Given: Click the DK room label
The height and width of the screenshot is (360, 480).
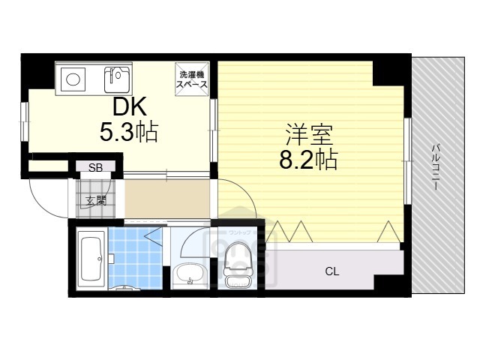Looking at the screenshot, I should (129, 106).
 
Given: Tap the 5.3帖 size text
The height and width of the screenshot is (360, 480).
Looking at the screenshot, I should (129, 133).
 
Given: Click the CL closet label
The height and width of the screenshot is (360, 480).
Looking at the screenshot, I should (331, 271).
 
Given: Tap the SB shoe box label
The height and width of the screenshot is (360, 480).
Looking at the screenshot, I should (96, 168).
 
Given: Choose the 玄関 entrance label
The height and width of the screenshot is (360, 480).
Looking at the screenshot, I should (95, 200).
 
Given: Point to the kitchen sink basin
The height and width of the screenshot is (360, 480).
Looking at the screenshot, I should (117, 76).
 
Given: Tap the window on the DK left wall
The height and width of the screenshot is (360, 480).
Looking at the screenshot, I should (23, 120).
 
